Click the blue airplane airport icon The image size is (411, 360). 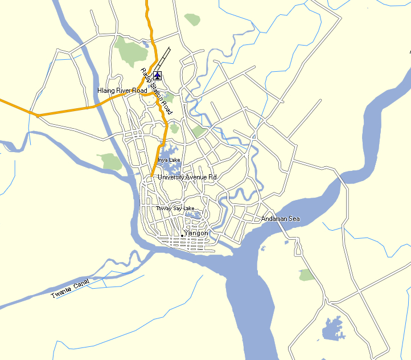[x=158, y=75]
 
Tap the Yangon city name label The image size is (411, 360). [x=196, y=234]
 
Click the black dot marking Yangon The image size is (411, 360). [x=182, y=235]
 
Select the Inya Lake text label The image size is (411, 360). [x=168, y=160]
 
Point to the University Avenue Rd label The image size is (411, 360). [x=187, y=177]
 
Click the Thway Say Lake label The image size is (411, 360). [x=175, y=208]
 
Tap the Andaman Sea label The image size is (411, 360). [x=280, y=219]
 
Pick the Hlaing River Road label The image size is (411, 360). [x=122, y=91]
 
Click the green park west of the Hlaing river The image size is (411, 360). [x=109, y=161]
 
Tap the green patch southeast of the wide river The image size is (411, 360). [x=306, y=275]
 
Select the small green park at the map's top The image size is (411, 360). [x=192, y=20]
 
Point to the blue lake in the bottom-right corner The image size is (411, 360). [x=333, y=329]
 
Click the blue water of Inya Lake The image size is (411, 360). [x=166, y=152]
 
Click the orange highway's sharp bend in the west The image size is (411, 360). [x=38, y=115]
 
